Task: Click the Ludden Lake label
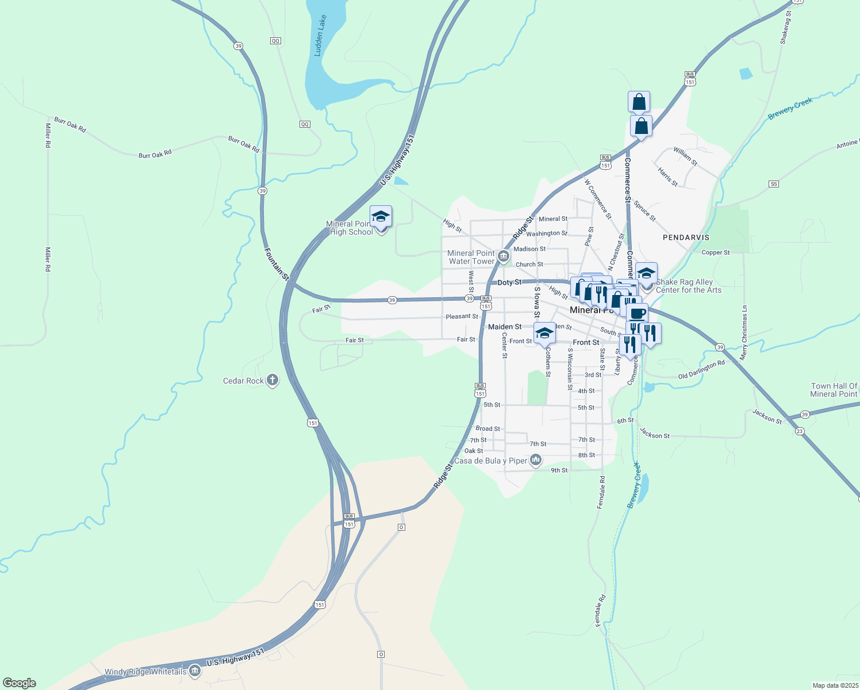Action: (320, 36)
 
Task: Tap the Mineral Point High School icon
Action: (381, 217)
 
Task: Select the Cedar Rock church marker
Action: (272, 381)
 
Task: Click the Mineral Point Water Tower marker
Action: (504, 256)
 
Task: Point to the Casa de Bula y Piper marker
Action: (536, 460)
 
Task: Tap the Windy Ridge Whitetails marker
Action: (195, 671)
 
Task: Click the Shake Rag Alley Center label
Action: (688, 286)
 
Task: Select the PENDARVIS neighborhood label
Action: (686, 237)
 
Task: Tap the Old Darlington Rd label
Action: (701, 370)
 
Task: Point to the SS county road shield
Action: (774, 184)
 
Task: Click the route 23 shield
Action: (800, 431)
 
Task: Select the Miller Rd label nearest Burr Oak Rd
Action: (48, 135)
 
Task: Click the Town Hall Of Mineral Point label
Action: (834, 390)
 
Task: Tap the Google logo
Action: (20, 683)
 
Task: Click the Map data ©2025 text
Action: (835, 685)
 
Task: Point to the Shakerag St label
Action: (786, 28)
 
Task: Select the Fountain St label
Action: (277, 264)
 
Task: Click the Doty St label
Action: (509, 282)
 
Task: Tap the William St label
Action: (685, 156)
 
